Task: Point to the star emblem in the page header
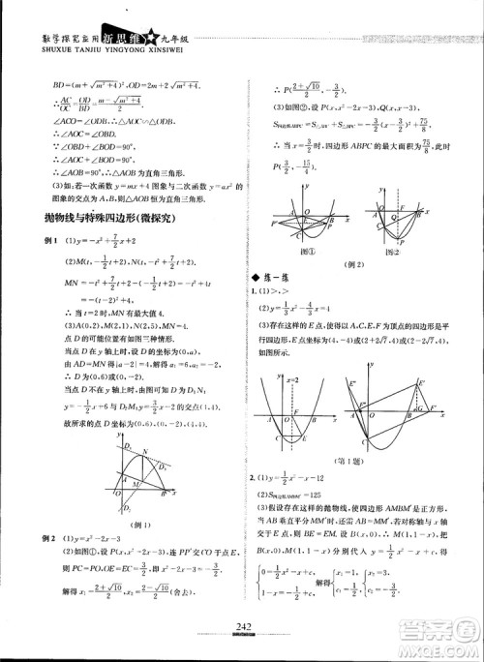pyautogui.click(x=151, y=14)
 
